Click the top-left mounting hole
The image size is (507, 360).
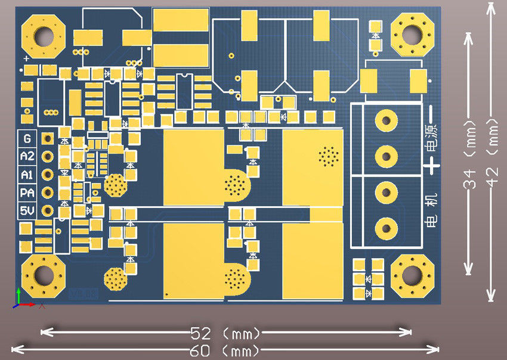click(43, 36)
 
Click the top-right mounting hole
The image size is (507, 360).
click(412, 34)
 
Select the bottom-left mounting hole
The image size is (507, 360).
click(43, 276)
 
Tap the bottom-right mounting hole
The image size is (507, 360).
click(412, 275)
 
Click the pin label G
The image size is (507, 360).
click(27, 138)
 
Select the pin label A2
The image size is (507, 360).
click(27, 157)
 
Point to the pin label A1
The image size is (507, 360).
click(27, 175)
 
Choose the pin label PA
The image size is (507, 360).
click(27, 193)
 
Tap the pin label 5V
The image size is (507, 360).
click(27, 211)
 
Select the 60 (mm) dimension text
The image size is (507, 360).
click(226, 350)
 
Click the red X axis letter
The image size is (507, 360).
click(42, 305)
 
